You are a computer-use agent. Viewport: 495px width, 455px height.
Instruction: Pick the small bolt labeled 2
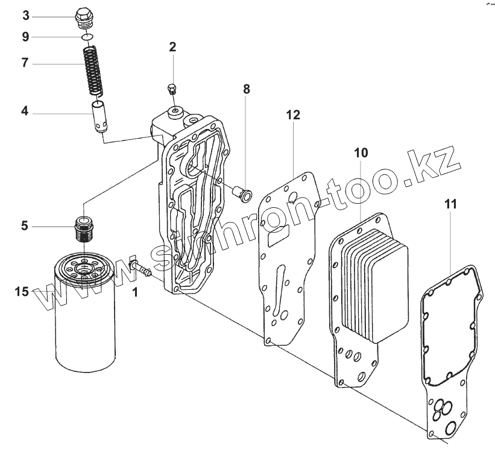(x=171, y=90)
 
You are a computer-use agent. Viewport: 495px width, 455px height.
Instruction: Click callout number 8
(x=246, y=89)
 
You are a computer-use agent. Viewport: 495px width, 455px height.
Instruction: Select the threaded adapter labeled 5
(x=84, y=227)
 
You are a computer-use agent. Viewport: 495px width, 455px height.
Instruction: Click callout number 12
(x=293, y=115)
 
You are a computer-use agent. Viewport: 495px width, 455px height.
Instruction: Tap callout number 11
(x=451, y=204)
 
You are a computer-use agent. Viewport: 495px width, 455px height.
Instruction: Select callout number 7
(x=25, y=62)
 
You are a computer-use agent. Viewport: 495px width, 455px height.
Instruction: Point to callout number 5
(x=25, y=226)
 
